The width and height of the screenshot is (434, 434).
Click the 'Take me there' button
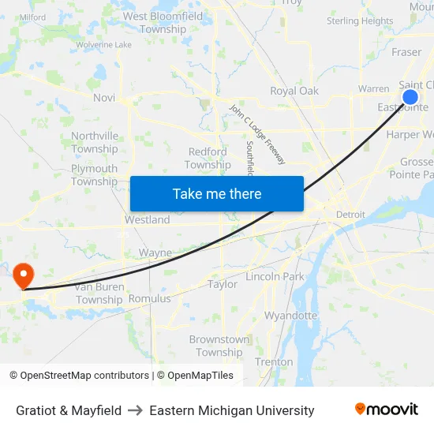point(217,193)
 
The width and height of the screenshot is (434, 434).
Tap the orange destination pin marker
point(23,275)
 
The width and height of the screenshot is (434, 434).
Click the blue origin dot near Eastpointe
point(410,97)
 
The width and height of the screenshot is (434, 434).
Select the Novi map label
point(104,98)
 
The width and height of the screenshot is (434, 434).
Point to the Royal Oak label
point(294,91)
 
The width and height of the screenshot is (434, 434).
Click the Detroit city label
point(350,215)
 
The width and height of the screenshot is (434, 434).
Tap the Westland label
point(148,220)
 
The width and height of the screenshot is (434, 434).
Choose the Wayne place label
point(155,253)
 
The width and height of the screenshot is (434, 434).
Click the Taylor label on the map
point(223,284)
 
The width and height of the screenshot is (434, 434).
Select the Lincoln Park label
point(275,277)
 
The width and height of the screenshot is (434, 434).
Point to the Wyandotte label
point(290,316)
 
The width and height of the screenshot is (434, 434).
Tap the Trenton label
point(274,361)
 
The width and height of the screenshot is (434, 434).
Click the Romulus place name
point(149,299)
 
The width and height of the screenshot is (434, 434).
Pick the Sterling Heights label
point(360,21)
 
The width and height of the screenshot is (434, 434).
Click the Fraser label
point(406,52)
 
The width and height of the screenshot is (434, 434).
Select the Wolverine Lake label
point(104,45)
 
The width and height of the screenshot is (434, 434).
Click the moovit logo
point(386,410)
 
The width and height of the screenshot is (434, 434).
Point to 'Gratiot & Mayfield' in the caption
point(69,410)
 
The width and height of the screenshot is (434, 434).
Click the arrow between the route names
point(135,410)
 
